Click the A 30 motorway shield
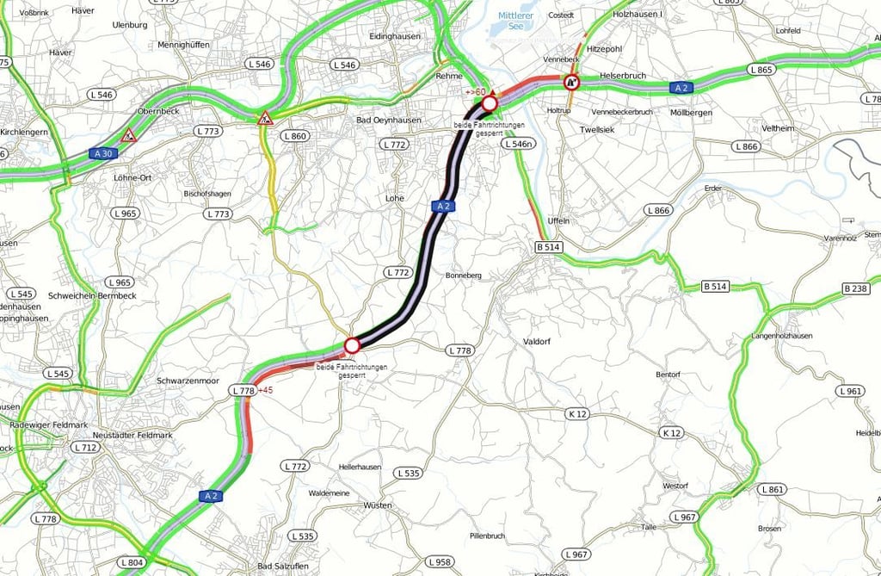[102, 153]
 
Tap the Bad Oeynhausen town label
[389, 120]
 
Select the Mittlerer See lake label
[515, 21]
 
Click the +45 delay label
[265, 390]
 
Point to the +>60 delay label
[475, 92]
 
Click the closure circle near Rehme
[490, 104]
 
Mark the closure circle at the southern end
[351, 346]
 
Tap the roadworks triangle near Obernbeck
[129, 135]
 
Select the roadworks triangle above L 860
[265, 118]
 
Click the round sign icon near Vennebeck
[572, 83]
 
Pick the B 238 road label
[857, 288]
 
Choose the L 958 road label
[438, 562]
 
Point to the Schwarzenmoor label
[188, 381]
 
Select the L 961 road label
[849, 391]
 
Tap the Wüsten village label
[378, 505]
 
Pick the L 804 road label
[132, 562]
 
